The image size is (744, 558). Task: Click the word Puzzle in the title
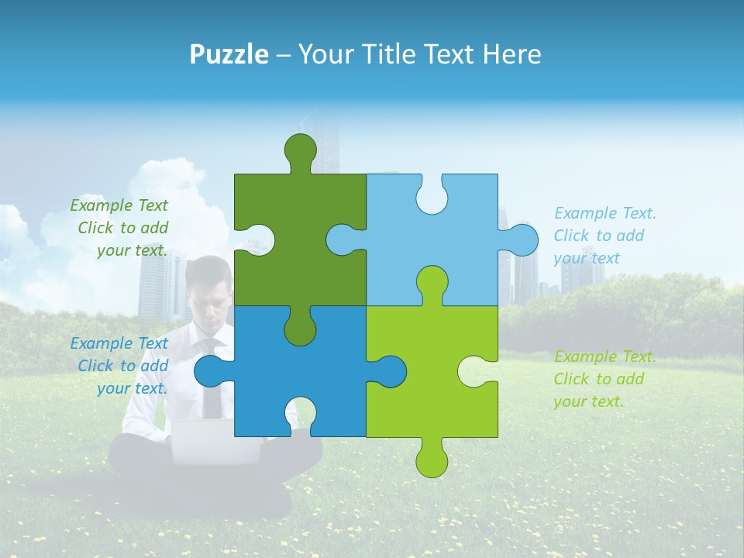(229, 54)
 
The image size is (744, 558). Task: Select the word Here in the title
(511, 54)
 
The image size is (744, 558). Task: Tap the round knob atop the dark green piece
(300, 149)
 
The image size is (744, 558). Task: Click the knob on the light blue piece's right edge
(522, 239)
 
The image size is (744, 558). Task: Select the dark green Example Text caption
(121, 228)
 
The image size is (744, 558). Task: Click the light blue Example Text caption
(599, 236)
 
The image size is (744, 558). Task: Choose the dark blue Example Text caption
(121, 366)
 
